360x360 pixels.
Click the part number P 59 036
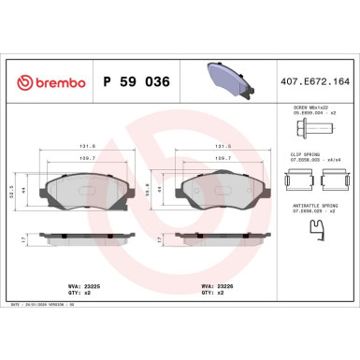[x=134, y=82]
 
